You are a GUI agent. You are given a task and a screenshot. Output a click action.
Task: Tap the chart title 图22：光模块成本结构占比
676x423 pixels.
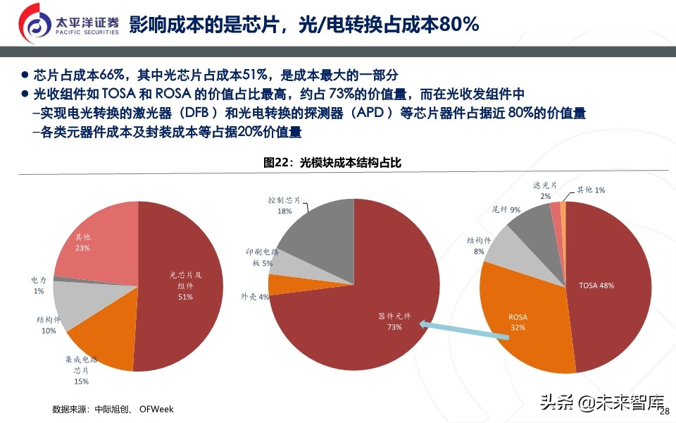[332, 163]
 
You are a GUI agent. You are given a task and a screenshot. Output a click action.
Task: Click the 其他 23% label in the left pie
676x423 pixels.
[83, 242]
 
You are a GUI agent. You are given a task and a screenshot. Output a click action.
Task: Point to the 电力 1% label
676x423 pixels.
[39, 286]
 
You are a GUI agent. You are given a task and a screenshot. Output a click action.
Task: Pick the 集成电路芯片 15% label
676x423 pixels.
[81, 370]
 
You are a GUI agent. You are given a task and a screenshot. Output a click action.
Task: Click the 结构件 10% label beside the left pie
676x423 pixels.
[48, 325]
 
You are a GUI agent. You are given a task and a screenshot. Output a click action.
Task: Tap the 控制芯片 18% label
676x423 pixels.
[284, 205]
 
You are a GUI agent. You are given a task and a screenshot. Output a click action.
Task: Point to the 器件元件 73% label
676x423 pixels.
[394, 321]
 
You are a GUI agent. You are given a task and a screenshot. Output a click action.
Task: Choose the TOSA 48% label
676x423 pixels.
[596, 286]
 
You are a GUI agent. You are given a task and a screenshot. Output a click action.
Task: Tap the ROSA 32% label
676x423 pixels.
[518, 322]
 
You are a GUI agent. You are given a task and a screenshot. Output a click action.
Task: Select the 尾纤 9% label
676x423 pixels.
[506, 209]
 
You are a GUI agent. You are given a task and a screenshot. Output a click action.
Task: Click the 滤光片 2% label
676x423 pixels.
[545, 190]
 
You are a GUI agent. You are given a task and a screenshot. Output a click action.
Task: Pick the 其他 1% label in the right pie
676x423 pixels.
[591, 190]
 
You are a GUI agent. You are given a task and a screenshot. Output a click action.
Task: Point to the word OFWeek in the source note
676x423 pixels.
[156, 409]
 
